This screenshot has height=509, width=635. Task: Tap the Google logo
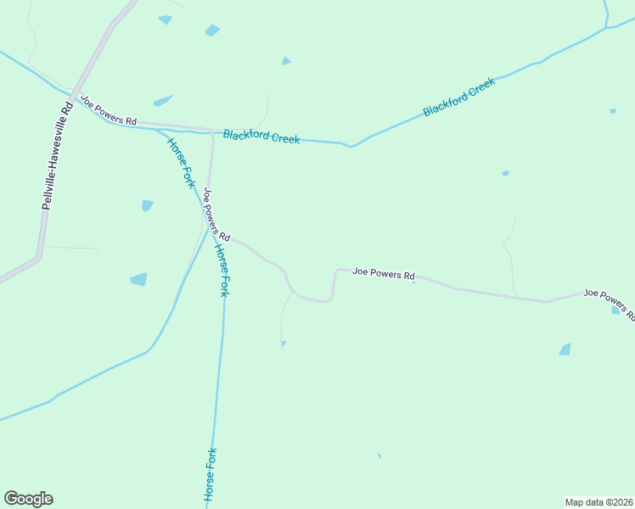28,499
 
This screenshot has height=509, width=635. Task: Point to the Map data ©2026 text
598,501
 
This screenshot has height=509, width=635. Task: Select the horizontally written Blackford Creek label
261,136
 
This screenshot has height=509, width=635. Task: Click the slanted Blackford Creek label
458,98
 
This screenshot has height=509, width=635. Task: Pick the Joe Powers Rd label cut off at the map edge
609,304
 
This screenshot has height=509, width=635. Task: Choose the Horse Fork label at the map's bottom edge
211,475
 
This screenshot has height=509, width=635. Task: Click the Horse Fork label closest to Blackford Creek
182,162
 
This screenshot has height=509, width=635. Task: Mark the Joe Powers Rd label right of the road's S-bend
384,274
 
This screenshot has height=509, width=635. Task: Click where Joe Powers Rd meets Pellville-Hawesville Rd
75,98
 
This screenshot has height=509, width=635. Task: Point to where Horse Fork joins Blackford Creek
158,130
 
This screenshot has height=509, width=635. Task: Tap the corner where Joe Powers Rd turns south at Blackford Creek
212,132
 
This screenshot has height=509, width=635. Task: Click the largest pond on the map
138,279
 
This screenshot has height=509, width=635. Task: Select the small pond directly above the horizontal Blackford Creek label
286,61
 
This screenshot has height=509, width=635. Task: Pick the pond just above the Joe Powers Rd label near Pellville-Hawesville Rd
163,101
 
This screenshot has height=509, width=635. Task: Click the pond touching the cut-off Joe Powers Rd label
616,310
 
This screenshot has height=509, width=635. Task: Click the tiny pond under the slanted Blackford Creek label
505,173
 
